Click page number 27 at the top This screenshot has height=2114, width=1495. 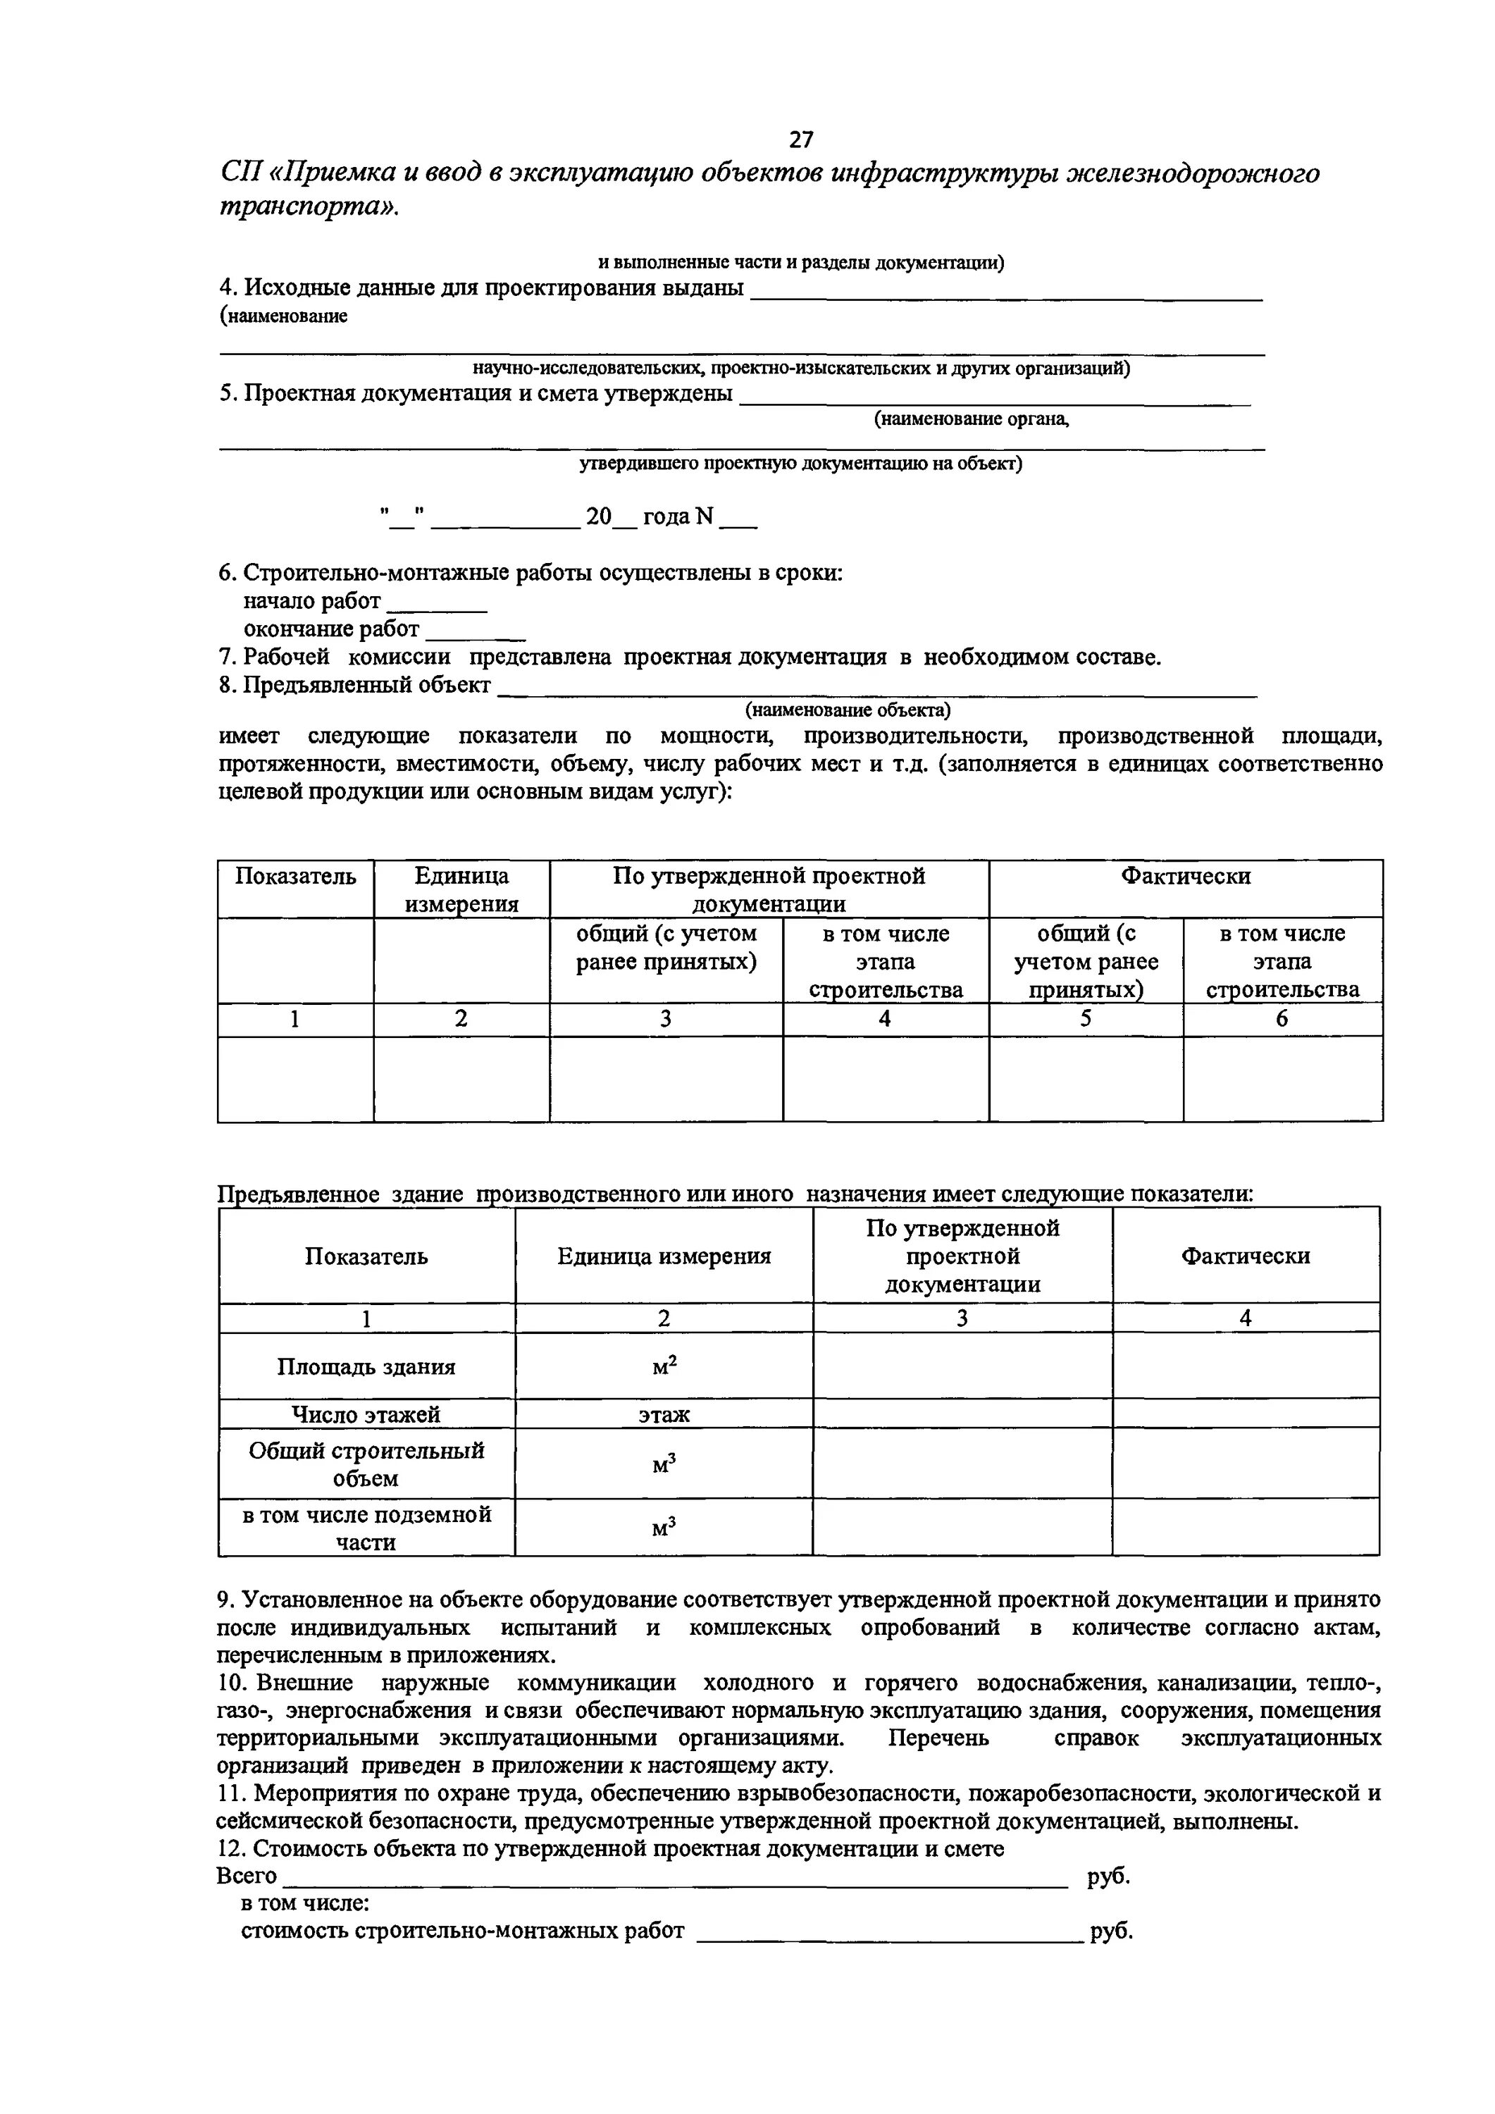pyautogui.click(x=801, y=139)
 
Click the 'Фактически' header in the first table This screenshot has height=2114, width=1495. pyautogui.click(x=1185, y=876)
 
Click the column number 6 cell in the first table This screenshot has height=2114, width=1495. pyautogui.click(x=1282, y=1018)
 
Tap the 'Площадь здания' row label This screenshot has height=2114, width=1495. pyautogui.click(x=366, y=1366)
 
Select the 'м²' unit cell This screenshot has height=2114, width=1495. pyautogui.click(x=664, y=1366)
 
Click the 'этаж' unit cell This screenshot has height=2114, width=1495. pyautogui.click(x=664, y=1414)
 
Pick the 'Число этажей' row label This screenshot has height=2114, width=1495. pyautogui.click(x=366, y=1414)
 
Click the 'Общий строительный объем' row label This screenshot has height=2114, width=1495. pyautogui.click(x=366, y=1464)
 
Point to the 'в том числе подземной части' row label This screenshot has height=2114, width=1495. pyautogui.click(x=366, y=1528)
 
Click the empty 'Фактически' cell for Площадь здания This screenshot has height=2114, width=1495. pyautogui.click(x=1245, y=1366)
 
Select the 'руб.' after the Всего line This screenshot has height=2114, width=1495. pyautogui.click(x=1108, y=1876)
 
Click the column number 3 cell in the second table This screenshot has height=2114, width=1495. pyautogui.click(x=962, y=1318)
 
